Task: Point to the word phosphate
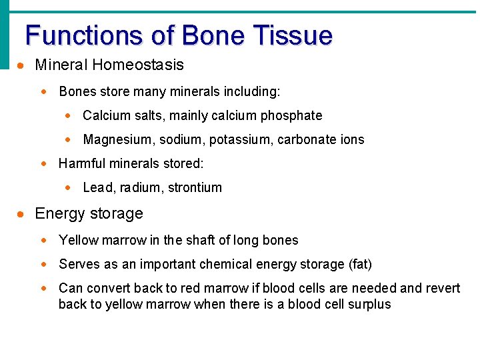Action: pyautogui.click(x=291, y=115)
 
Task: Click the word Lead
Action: pyautogui.click(x=96, y=187)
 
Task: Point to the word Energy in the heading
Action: pyautogui.click(x=58, y=214)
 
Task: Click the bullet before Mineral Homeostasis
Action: pyautogui.click(x=22, y=65)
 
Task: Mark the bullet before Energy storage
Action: pyautogui.click(x=22, y=214)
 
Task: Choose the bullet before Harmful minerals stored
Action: pyautogui.click(x=45, y=163)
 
